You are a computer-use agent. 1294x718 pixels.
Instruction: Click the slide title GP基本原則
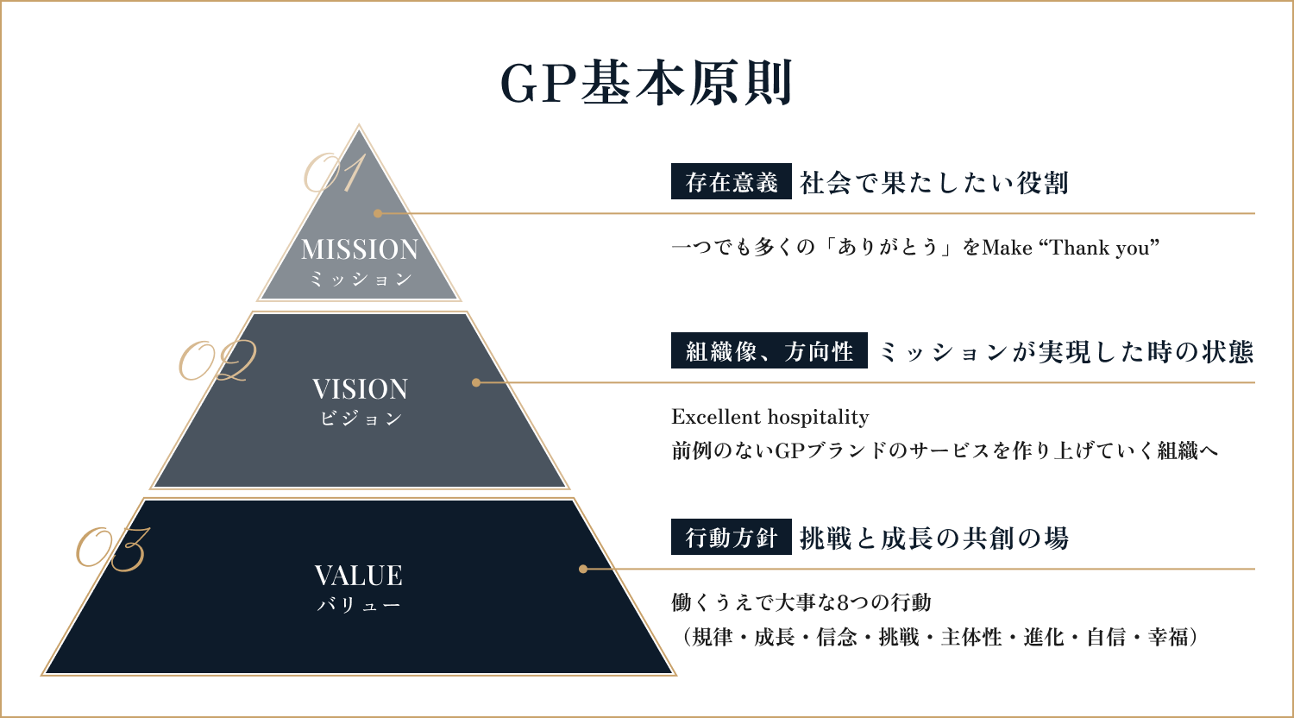(646, 83)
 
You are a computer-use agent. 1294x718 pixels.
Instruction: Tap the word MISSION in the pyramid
(360, 249)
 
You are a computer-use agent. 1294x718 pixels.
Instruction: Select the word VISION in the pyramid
(360, 389)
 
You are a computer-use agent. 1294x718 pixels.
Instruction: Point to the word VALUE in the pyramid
(359, 576)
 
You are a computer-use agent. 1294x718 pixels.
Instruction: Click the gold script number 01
(335, 173)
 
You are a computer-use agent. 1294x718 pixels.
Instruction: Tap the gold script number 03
(113, 549)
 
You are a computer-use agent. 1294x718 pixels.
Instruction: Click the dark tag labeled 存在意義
(732, 181)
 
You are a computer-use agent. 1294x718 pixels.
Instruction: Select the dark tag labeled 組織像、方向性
(769, 350)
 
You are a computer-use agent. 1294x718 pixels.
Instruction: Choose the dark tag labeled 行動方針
(732, 537)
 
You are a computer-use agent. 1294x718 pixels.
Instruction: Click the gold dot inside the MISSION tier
(378, 213)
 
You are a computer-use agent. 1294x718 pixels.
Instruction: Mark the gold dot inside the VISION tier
(476, 382)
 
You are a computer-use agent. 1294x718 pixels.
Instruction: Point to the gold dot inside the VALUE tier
(583, 569)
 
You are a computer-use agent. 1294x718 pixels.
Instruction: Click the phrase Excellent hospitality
(770, 417)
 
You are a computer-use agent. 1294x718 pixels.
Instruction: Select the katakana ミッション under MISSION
(361, 280)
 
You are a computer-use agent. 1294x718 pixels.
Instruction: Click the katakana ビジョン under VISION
(361, 418)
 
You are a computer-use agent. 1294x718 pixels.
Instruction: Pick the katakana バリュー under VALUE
(359, 605)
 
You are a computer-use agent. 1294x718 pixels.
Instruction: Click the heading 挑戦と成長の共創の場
(934, 538)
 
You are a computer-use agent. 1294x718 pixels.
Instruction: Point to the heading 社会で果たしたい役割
(934, 183)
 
